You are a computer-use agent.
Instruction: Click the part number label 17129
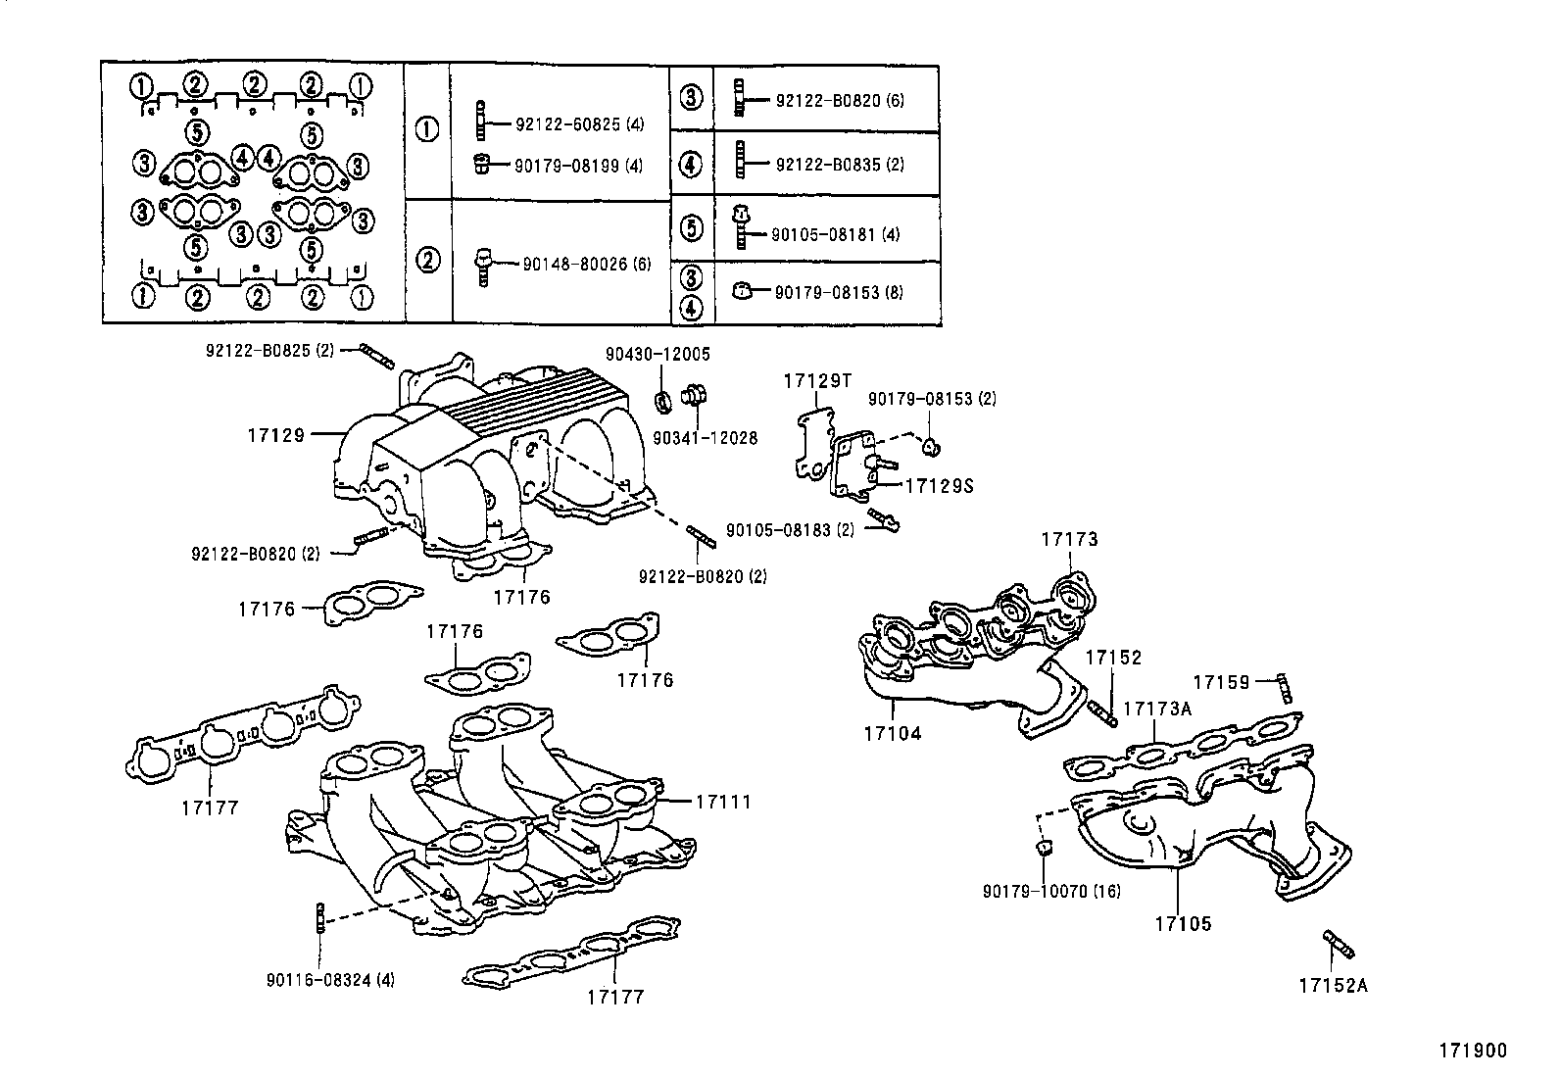(276, 434)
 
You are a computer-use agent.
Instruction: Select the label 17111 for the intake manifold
(723, 802)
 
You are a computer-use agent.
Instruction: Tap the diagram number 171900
(1472, 1051)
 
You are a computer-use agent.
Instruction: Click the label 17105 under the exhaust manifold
(1182, 923)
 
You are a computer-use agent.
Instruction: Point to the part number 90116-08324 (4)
(330, 979)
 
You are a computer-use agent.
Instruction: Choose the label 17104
(892, 733)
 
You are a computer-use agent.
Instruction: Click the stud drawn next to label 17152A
(1339, 944)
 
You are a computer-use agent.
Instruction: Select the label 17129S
(939, 485)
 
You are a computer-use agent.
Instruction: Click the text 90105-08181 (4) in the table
(835, 234)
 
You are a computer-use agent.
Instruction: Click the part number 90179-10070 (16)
(1051, 891)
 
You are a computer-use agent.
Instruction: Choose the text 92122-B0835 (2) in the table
(839, 165)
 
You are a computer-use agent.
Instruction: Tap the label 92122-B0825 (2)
(269, 350)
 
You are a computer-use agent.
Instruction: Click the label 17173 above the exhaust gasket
(1069, 539)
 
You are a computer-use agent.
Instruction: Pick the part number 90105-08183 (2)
(790, 529)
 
